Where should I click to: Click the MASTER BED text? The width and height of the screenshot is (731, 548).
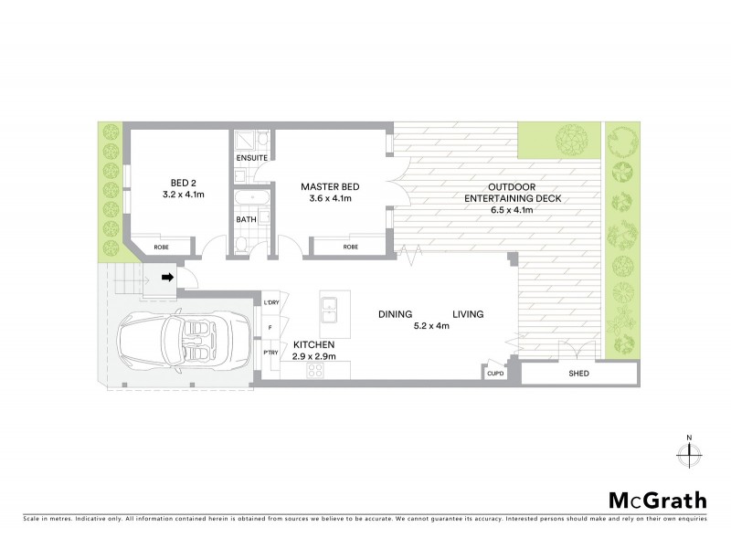point(330,187)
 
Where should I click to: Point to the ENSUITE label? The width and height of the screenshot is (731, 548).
point(251,158)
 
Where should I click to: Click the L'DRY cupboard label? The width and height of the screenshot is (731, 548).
point(271,303)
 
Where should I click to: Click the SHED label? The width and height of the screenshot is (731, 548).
point(578,374)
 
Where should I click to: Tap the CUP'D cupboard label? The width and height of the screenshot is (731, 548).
point(494,373)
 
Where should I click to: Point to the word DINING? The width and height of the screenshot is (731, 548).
point(396,314)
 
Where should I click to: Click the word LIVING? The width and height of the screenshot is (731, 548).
point(466,314)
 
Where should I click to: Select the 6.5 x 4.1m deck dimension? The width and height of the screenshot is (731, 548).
point(512,210)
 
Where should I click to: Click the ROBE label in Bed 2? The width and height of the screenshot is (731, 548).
point(161,247)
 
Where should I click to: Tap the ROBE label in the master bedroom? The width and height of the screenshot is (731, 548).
point(350,247)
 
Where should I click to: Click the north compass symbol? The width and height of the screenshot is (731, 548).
point(688,452)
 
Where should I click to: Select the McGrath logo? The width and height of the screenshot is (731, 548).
point(658,500)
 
